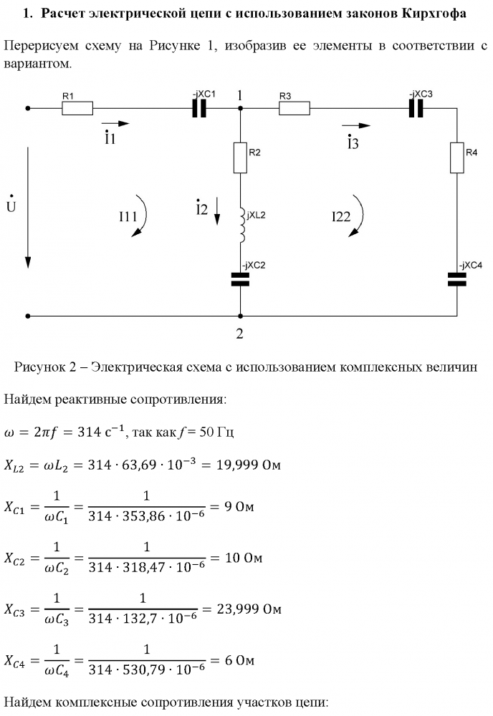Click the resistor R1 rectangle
[x=77, y=109]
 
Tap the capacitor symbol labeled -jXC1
[x=200, y=109]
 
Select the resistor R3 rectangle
[x=294, y=109]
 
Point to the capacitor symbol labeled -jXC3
[x=416, y=109]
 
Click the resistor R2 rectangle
[x=241, y=158]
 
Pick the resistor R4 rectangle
[x=457, y=158]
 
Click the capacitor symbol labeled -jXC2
[x=241, y=280]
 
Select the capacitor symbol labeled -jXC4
[x=457, y=280]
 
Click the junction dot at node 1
[x=241, y=109]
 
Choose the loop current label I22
[x=340, y=216]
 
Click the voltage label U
[x=11, y=206]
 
